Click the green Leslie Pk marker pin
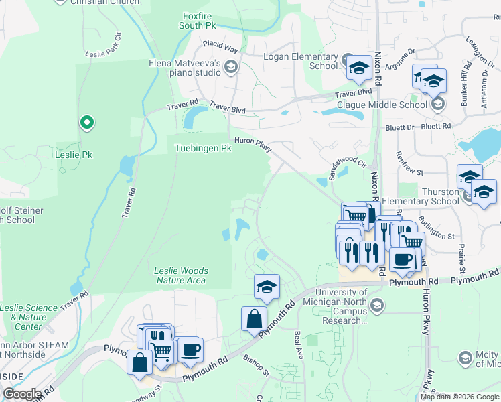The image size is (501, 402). (86, 123)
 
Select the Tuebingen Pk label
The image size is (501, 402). (203, 148)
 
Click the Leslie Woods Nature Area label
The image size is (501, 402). (181, 275)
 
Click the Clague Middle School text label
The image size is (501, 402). (381, 105)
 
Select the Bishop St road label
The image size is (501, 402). (256, 366)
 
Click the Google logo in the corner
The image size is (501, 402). (22, 394)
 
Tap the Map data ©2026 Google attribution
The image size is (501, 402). (459, 397)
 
